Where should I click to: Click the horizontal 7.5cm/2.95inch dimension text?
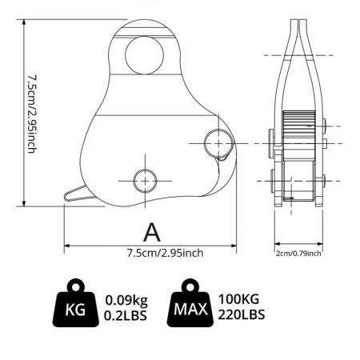(x=165, y=253)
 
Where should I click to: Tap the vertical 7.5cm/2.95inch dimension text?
(x=31, y=113)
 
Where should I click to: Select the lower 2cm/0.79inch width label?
(x=298, y=253)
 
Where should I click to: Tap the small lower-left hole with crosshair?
(x=145, y=180)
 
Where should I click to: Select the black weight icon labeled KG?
(x=76, y=306)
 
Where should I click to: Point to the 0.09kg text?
(x=126, y=300)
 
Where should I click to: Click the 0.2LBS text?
(x=126, y=314)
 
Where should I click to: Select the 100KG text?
(x=242, y=300)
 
